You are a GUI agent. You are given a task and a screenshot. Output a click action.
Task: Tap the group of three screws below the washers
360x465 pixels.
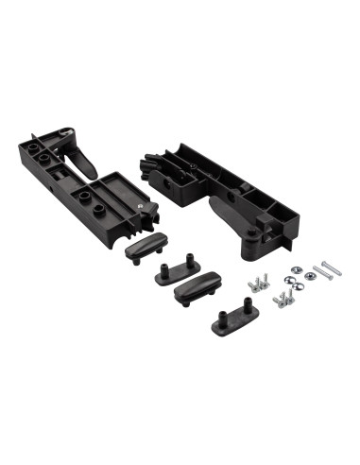pyautogui.click(x=283, y=300)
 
